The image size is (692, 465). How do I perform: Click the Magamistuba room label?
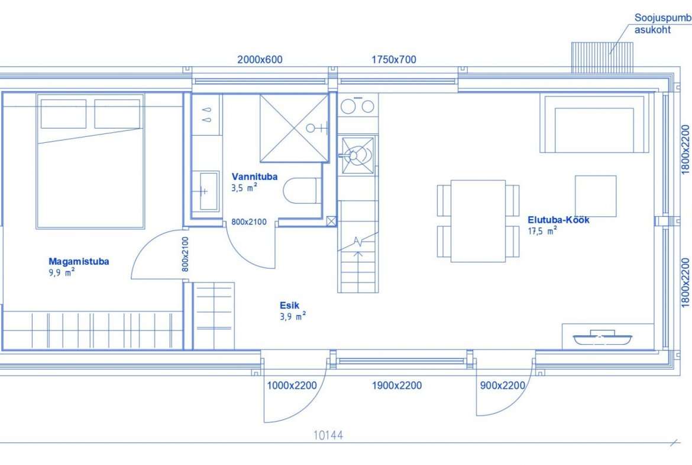[79, 261]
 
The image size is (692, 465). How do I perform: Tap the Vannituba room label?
[255, 177]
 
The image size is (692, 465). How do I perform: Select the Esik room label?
[289, 305]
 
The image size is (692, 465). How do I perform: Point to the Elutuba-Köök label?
[558, 220]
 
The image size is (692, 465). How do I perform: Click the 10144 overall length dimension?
[328, 435]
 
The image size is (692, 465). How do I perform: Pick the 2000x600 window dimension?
[260, 60]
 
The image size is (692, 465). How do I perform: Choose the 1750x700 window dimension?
[394, 60]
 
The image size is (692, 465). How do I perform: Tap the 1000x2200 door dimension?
[292, 386]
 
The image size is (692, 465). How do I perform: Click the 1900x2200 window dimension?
[397, 386]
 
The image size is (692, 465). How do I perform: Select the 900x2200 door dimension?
[502, 386]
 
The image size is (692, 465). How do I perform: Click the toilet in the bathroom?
[302, 191]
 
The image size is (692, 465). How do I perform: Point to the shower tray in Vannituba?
[295, 128]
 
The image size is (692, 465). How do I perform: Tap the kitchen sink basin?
[358, 155]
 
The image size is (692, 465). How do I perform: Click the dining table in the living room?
[478, 221]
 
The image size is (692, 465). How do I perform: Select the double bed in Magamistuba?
[90, 161]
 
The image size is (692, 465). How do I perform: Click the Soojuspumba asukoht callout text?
[662, 24]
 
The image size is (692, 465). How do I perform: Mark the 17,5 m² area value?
[542, 231]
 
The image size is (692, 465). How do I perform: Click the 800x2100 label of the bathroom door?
[249, 222]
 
